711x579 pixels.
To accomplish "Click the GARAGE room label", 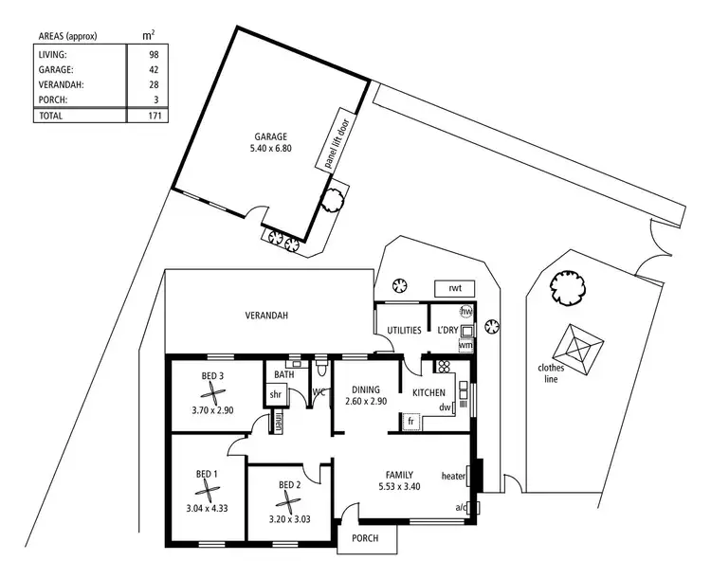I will click(270, 136).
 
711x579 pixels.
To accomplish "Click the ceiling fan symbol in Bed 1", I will click(206, 490).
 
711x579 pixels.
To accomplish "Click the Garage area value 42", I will click(152, 69).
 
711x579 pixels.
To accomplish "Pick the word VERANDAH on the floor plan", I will click(266, 316).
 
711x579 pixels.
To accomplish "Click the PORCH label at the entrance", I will click(365, 538).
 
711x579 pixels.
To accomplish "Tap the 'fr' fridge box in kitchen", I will click(411, 420).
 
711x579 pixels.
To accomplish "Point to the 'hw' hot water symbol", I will click(465, 312).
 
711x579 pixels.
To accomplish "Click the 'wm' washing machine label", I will click(465, 345).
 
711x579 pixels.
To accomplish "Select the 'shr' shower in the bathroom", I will click(277, 395).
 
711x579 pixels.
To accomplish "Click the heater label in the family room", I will click(454, 476).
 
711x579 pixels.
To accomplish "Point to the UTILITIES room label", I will click(404, 330).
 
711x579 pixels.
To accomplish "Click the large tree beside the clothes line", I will click(568, 283).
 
